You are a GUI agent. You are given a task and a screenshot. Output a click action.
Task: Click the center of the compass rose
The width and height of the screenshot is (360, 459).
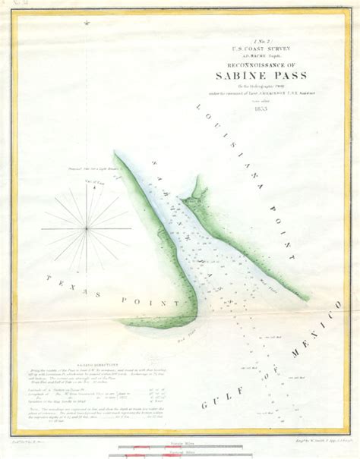tap(87, 228)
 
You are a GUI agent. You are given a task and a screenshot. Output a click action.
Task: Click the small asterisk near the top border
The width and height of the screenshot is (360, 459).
tap(86, 24)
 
